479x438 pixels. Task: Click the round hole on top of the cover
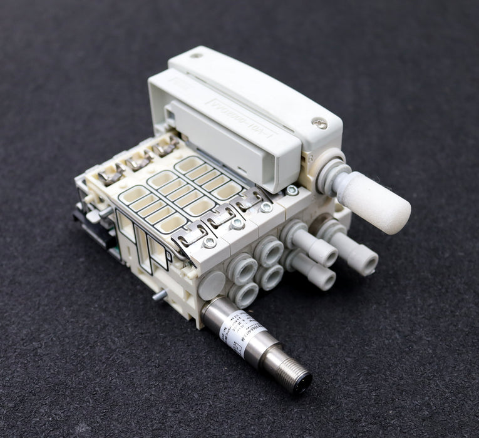pyautogui.click(x=196, y=56)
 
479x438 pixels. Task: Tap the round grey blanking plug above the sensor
pyautogui.click(x=212, y=285)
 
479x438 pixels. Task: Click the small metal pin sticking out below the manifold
pyautogui.click(x=160, y=293)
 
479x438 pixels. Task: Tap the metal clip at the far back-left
pyautogui.click(x=110, y=175)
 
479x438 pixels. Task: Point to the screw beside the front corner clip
pyautogui.click(x=209, y=242)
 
